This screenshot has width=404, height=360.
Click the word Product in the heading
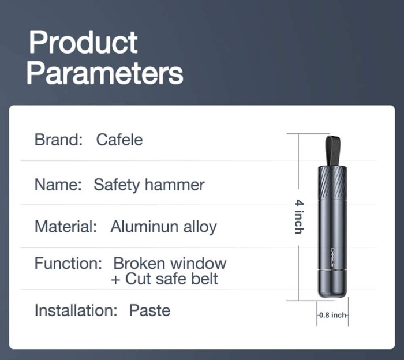[x=83, y=43]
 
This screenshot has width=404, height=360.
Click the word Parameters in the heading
[x=105, y=73]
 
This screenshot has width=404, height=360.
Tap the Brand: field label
[x=58, y=140]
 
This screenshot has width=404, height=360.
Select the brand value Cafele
[x=119, y=140]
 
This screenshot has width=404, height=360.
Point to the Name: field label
[x=58, y=185]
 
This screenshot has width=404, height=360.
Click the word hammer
[x=175, y=185]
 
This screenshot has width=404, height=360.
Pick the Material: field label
[x=66, y=227]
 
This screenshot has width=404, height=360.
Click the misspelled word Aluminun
[x=144, y=227]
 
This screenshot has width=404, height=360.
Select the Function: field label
[x=68, y=264]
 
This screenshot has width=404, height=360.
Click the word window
[x=199, y=264]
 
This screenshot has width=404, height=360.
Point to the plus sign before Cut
[x=115, y=280]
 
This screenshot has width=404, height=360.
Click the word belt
[x=204, y=279]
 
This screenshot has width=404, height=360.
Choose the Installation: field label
[x=76, y=310]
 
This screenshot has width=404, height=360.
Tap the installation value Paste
[x=149, y=310]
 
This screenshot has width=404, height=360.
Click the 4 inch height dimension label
[x=300, y=217]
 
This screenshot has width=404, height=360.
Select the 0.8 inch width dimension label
[x=332, y=315]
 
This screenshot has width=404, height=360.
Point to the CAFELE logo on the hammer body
[x=332, y=257]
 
